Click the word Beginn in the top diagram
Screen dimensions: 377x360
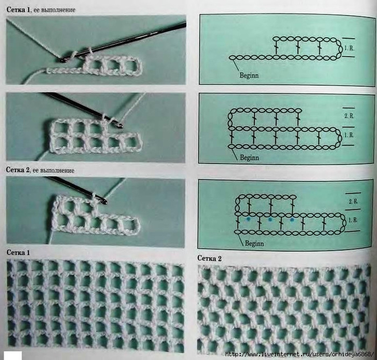(249, 75)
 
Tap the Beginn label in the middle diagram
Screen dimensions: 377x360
(249, 158)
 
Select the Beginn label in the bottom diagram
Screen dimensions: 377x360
(254, 243)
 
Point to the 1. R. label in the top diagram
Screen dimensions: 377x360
(349, 48)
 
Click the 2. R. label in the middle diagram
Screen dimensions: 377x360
(349, 116)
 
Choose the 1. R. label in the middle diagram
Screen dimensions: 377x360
(349, 135)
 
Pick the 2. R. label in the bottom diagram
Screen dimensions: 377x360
(353, 201)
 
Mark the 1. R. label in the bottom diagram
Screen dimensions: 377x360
(353, 220)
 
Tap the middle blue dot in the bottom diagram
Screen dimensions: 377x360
(270, 219)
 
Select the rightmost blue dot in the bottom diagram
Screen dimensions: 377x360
(292, 219)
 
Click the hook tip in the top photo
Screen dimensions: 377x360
(62, 60)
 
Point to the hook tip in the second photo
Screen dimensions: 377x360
(121, 125)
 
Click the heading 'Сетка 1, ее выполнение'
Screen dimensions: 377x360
(41, 10)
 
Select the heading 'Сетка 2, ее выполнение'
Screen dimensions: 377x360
(40, 170)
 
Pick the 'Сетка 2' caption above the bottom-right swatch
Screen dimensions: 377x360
(210, 258)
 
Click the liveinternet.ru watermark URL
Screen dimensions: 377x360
(299, 354)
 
